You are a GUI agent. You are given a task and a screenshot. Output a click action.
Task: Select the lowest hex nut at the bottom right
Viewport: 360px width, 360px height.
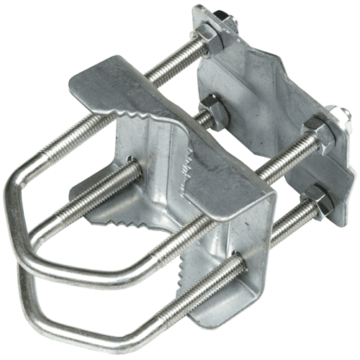tap(318, 202)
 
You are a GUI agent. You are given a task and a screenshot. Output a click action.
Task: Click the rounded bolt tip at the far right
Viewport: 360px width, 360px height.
tap(338, 114)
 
